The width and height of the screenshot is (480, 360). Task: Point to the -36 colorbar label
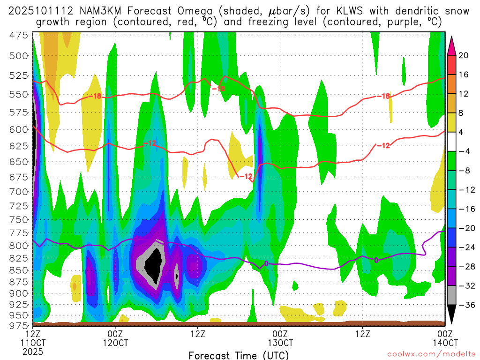coord(463,305)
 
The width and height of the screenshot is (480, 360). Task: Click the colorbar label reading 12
coord(463,94)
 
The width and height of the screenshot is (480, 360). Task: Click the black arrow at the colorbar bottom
coord(451,315)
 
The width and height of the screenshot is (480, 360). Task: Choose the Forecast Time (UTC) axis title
coord(239,355)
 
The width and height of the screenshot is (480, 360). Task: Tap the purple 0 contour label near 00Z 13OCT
coord(266,264)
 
